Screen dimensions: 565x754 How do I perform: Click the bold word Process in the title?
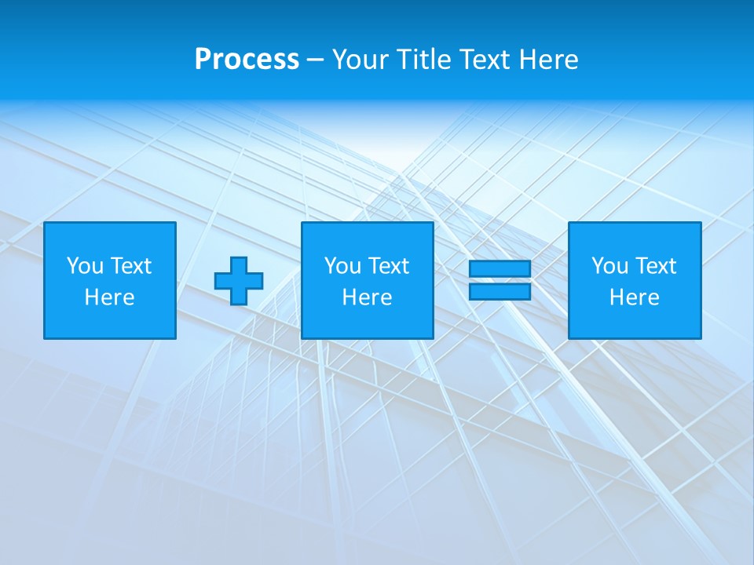click(247, 60)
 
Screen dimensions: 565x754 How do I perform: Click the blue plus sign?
click(239, 281)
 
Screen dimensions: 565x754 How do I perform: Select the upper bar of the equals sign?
click(500, 268)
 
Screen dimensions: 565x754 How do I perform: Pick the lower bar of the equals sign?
click(500, 291)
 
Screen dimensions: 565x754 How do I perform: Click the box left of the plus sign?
click(110, 280)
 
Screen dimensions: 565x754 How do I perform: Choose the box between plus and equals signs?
click(368, 280)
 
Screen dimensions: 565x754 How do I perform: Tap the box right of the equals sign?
click(635, 280)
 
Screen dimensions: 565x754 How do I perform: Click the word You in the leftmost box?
click(85, 266)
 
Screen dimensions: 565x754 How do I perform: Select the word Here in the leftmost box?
click(110, 297)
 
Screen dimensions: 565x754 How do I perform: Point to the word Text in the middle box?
click(389, 266)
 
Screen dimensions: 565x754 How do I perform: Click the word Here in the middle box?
click(368, 297)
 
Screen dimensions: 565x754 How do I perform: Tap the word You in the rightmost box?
click(609, 266)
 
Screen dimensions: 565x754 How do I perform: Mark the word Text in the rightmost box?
click(656, 266)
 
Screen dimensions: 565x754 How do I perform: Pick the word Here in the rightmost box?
click(635, 297)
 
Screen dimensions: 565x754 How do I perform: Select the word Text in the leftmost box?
click(131, 266)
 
